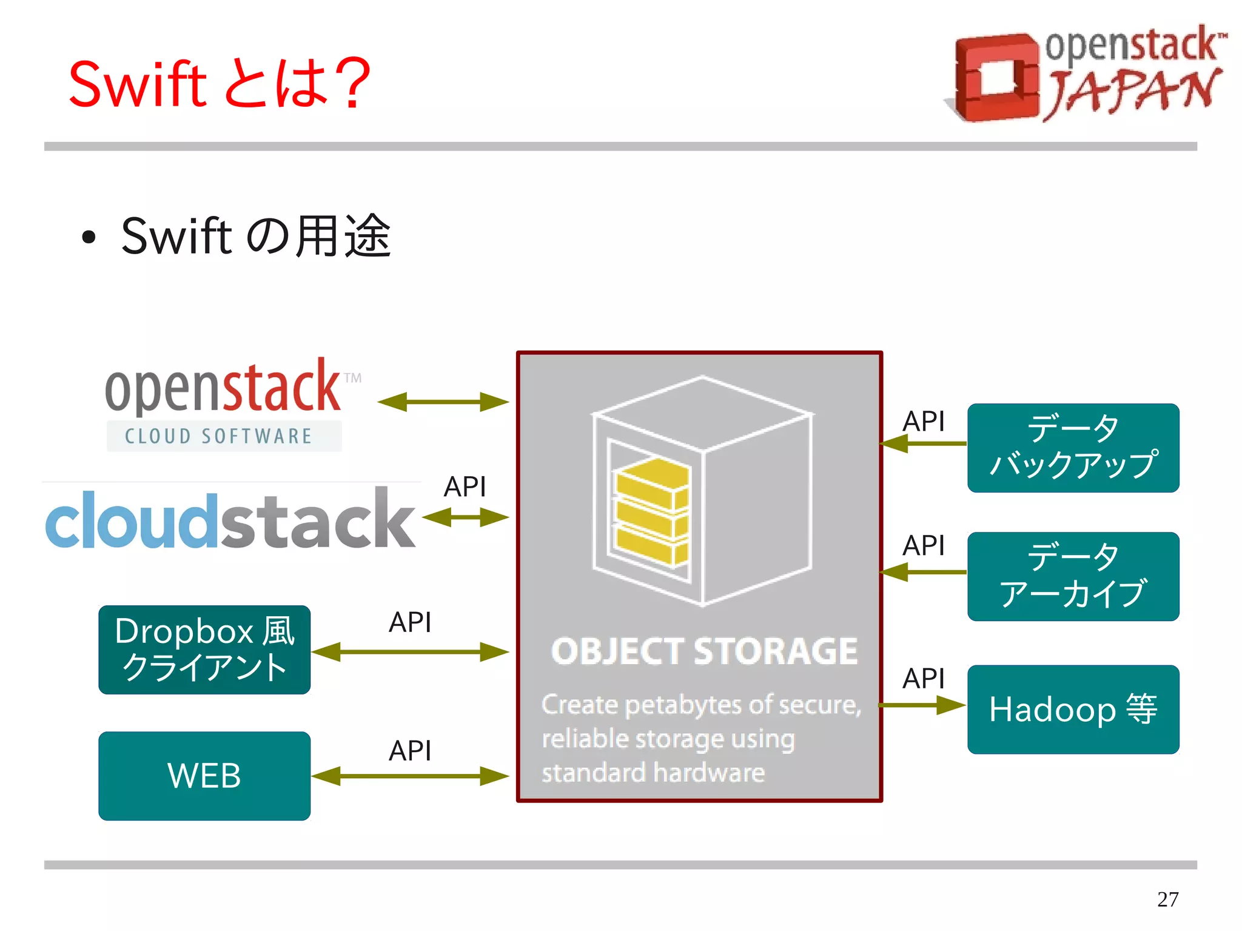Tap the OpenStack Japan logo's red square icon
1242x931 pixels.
pyautogui.click(x=995, y=78)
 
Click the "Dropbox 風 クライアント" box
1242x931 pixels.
pyautogui.click(x=204, y=650)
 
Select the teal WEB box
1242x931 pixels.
pyautogui.click(x=204, y=776)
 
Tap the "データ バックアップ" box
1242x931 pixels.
pyautogui.click(x=1073, y=448)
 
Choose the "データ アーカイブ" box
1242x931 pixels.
pyautogui.click(x=1073, y=576)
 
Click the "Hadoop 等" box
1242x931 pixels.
pyautogui.click(x=1073, y=709)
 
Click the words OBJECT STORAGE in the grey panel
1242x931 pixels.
pyautogui.click(x=704, y=651)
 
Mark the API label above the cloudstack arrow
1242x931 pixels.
pyautogui.click(x=465, y=486)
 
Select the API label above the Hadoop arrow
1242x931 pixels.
pyautogui.click(x=923, y=678)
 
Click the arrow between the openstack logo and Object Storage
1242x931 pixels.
pyautogui.click(x=443, y=402)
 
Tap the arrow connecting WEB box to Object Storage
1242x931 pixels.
pyautogui.click(x=410, y=776)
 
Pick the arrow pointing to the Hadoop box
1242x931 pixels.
pyautogui.click(x=922, y=705)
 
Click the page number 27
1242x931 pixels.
pyautogui.click(x=1167, y=899)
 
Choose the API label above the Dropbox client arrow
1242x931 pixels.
pyautogui.click(x=410, y=622)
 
